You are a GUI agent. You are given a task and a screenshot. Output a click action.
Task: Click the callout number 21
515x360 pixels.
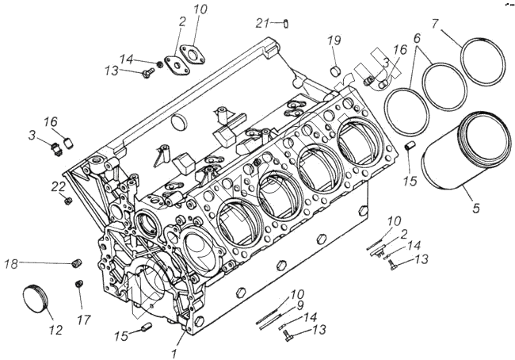pyautogui.click(x=262, y=23)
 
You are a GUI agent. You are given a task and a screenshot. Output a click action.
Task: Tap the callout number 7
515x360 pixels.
pyautogui.click(x=436, y=24)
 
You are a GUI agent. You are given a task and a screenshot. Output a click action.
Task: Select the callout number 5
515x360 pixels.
pyautogui.click(x=476, y=208)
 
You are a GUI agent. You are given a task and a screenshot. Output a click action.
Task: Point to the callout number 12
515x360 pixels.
pyautogui.click(x=55, y=330)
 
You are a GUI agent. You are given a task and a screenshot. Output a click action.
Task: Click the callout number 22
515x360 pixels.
pyautogui.click(x=59, y=186)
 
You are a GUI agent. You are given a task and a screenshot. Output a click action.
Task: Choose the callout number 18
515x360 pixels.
pyautogui.click(x=11, y=263)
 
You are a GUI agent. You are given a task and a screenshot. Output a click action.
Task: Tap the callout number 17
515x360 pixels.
pyautogui.click(x=83, y=320)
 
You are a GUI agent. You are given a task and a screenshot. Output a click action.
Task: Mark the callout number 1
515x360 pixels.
pyautogui.click(x=174, y=354)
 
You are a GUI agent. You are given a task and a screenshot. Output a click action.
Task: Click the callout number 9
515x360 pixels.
pyautogui.click(x=300, y=306)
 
